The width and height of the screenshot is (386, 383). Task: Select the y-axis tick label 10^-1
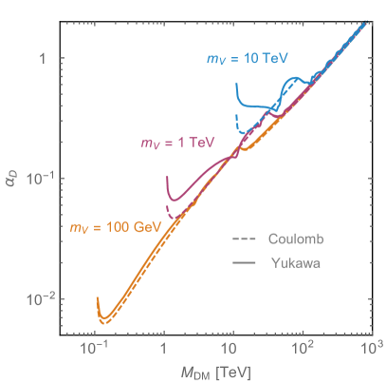click(34, 178)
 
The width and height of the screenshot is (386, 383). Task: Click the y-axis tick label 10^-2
click(34, 298)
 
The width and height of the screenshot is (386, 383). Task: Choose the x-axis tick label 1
click(164, 350)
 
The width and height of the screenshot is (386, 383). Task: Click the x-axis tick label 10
click(232, 350)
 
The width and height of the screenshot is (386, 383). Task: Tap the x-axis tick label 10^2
click(303, 349)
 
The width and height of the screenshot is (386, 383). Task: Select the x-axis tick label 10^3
click(371, 349)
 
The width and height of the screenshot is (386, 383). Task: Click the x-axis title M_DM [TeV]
click(219, 371)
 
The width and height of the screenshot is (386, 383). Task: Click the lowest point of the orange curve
click(105, 322)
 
